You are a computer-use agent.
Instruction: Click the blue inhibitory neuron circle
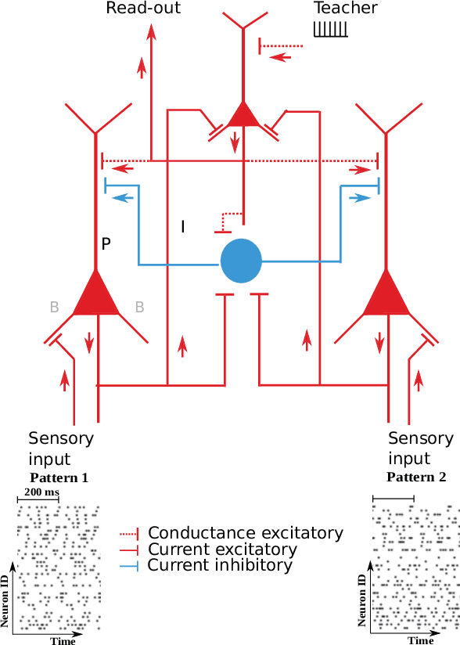(242, 261)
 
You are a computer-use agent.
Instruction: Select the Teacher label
(345, 9)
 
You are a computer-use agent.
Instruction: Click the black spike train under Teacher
(330, 29)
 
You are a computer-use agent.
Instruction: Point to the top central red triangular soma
(243, 115)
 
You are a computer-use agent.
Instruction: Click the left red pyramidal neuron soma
(96, 296)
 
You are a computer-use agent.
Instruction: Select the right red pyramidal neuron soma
(386, 296)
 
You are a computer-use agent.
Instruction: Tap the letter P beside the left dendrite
(106, 244)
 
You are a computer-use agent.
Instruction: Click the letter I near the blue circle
(183, 227)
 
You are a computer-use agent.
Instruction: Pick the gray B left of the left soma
(54, 307)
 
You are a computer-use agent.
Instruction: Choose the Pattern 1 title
(59, 477)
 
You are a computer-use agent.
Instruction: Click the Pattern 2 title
(415, 477)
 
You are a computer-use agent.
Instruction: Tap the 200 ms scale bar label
(40, 492)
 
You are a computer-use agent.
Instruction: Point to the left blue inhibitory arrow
(123, 198)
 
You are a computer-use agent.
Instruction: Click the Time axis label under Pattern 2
(421, 640)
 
